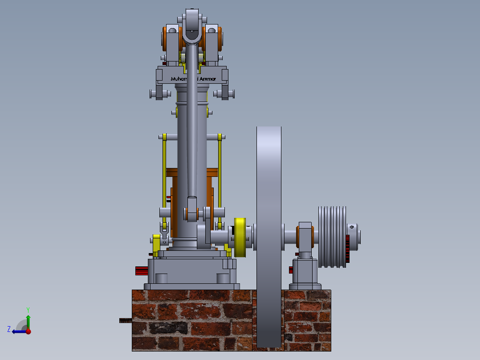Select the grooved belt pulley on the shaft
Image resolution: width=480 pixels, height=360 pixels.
click(332, 237)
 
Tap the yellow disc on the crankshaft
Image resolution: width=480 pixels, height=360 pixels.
click(240, 237)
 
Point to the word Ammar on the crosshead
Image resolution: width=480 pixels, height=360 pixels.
click(208, 79)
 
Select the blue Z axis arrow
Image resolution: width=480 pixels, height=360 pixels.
click(17, 331)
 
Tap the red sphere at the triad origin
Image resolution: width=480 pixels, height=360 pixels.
click(28, 331)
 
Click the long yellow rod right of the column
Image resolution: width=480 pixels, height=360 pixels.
click(220, 178)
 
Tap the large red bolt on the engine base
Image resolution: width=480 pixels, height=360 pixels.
click(142, 270)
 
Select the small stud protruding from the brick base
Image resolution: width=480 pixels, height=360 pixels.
click(126, 320)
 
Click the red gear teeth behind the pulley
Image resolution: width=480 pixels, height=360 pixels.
click(347, 250)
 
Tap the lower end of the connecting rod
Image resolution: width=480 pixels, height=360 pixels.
click(192, 209)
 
